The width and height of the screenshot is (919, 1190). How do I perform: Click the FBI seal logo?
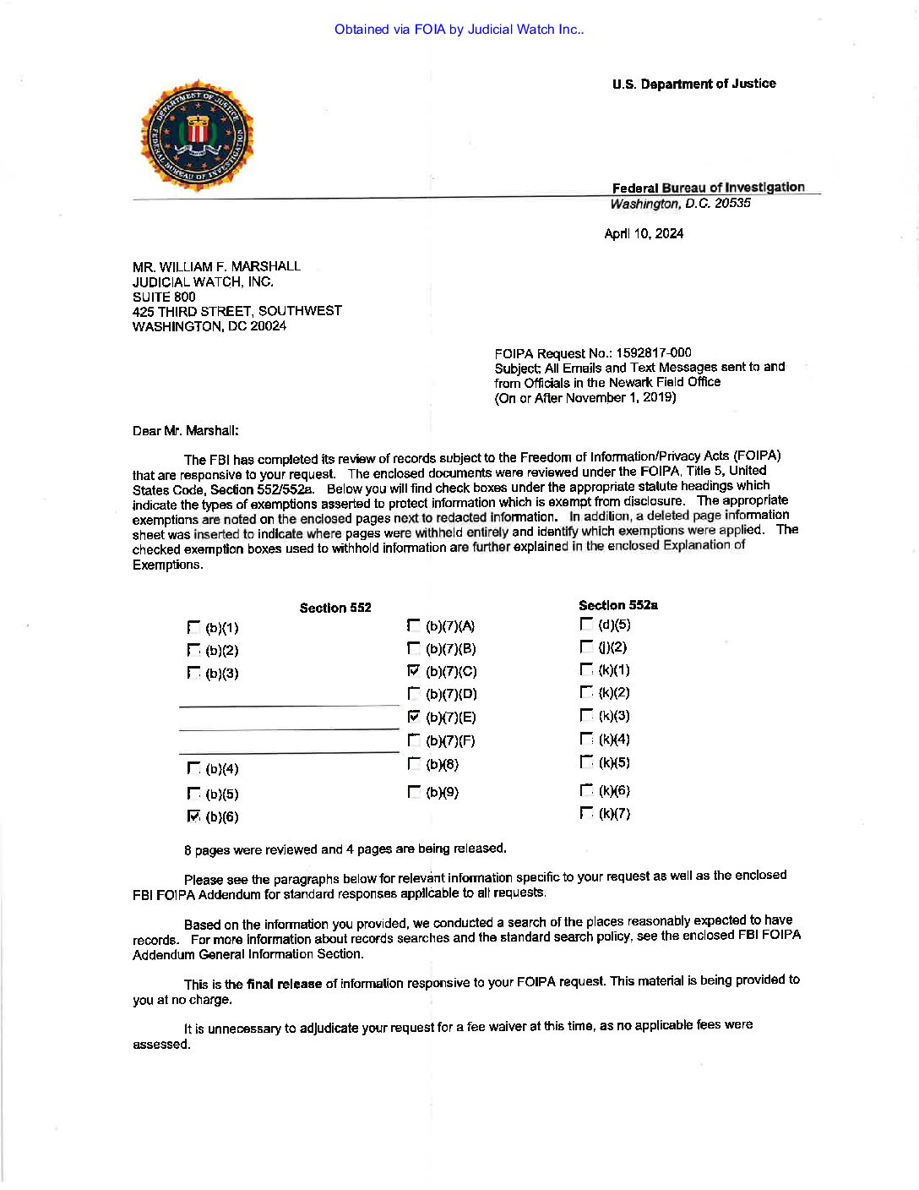[x=197, y=136]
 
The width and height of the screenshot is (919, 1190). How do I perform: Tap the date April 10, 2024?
[x=643, y=234]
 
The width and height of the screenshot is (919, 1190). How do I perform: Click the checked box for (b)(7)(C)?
[x=413, y=671]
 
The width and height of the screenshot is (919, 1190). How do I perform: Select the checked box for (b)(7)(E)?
[x=413, y=717]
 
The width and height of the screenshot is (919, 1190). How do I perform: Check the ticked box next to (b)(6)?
[x=193, y=816]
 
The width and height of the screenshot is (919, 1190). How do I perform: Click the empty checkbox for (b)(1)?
[x=193, y=628]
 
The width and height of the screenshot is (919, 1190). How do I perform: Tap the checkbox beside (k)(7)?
[x=586, y=813]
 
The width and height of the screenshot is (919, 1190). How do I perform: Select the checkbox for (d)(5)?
[x=586, y=625]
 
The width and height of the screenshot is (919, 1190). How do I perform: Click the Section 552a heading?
[x=617, y=605]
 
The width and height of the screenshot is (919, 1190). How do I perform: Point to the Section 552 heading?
[x=335, y=608]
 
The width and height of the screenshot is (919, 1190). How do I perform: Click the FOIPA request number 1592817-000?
[x=653, y=353]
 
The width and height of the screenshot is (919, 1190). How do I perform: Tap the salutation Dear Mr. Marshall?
[x=185, y=431]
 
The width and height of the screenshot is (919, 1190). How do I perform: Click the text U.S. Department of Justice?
[x=693, y=84]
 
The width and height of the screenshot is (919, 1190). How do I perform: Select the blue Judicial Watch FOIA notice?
[x=459, y=30]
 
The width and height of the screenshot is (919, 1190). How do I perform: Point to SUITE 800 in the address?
[x=164, y=297]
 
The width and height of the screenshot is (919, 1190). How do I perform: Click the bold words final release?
[x=284, y=984]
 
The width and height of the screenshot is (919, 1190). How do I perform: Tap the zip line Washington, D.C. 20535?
[x=680, y=204]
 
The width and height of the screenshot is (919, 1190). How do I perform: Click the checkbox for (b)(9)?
[x=413, y=792]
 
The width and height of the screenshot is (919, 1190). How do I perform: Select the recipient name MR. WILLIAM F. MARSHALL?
[x=216, y=266]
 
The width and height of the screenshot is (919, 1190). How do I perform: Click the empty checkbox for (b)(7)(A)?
[x=413, y=626]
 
